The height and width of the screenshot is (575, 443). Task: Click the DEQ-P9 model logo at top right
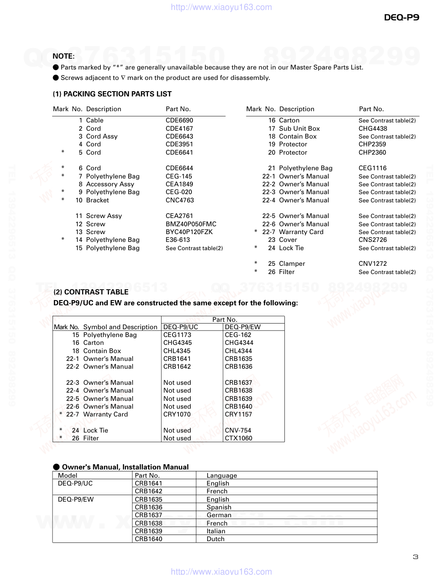pos(401,17)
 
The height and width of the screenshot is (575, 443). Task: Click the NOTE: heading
pos(63,56)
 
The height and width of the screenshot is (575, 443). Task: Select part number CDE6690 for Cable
pos(179,120)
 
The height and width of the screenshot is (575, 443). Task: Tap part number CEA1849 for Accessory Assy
pos(179,184)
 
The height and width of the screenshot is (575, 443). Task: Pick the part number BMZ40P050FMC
pos(191,224)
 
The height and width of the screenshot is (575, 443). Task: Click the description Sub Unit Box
pos(299,129)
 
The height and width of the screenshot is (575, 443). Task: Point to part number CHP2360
pos(372,152)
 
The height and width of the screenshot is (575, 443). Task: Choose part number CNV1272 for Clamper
pos(373,264)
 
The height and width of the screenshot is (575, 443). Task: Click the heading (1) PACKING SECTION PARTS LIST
pos(112,94)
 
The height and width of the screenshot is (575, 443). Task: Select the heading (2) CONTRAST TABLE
pos(91,292)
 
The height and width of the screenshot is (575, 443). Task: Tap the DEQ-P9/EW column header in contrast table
pos(243,327)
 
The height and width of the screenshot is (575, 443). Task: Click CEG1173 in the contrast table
pos(177,335)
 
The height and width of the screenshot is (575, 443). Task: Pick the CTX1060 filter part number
pos(238,438)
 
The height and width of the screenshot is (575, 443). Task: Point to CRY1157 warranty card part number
pos(238,414)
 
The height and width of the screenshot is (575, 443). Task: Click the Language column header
pos(221,476)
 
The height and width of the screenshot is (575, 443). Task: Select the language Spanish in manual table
pos(219,507)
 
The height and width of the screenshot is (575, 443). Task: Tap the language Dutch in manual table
pos(215,539)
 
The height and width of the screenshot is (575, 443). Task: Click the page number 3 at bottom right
pos(415,557)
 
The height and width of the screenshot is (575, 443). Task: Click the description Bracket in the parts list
pos(97,200)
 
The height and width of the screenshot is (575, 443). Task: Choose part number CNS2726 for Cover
pos(373,240)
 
